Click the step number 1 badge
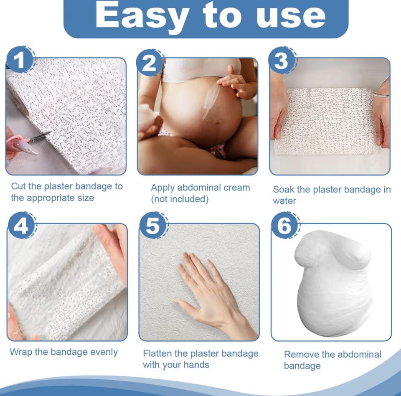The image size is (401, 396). click(20, 61)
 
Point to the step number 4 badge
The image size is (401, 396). click(22, 226)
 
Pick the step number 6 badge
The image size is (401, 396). click(284, 226)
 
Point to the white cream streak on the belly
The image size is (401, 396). click(210, 101)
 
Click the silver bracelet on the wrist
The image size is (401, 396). click(381, 95)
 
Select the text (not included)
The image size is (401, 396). click(180, 199)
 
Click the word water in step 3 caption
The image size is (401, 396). click(284, 201)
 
